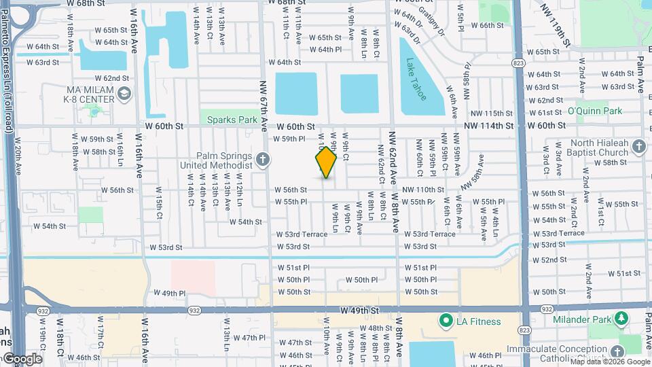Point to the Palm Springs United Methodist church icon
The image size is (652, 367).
click(x=264, y=160)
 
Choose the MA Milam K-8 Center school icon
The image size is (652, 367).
click(x=124, y=94)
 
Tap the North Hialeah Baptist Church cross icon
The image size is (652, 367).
click(x=638, y=147)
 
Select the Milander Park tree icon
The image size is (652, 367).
click(x=621, y=319)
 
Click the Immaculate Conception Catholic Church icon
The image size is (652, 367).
click(x=617, y=351)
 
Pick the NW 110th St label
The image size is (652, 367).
click(x=422, y=190)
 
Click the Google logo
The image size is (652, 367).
click(x=22, y=359)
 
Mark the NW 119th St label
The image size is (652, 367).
click(x=556, y=26)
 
